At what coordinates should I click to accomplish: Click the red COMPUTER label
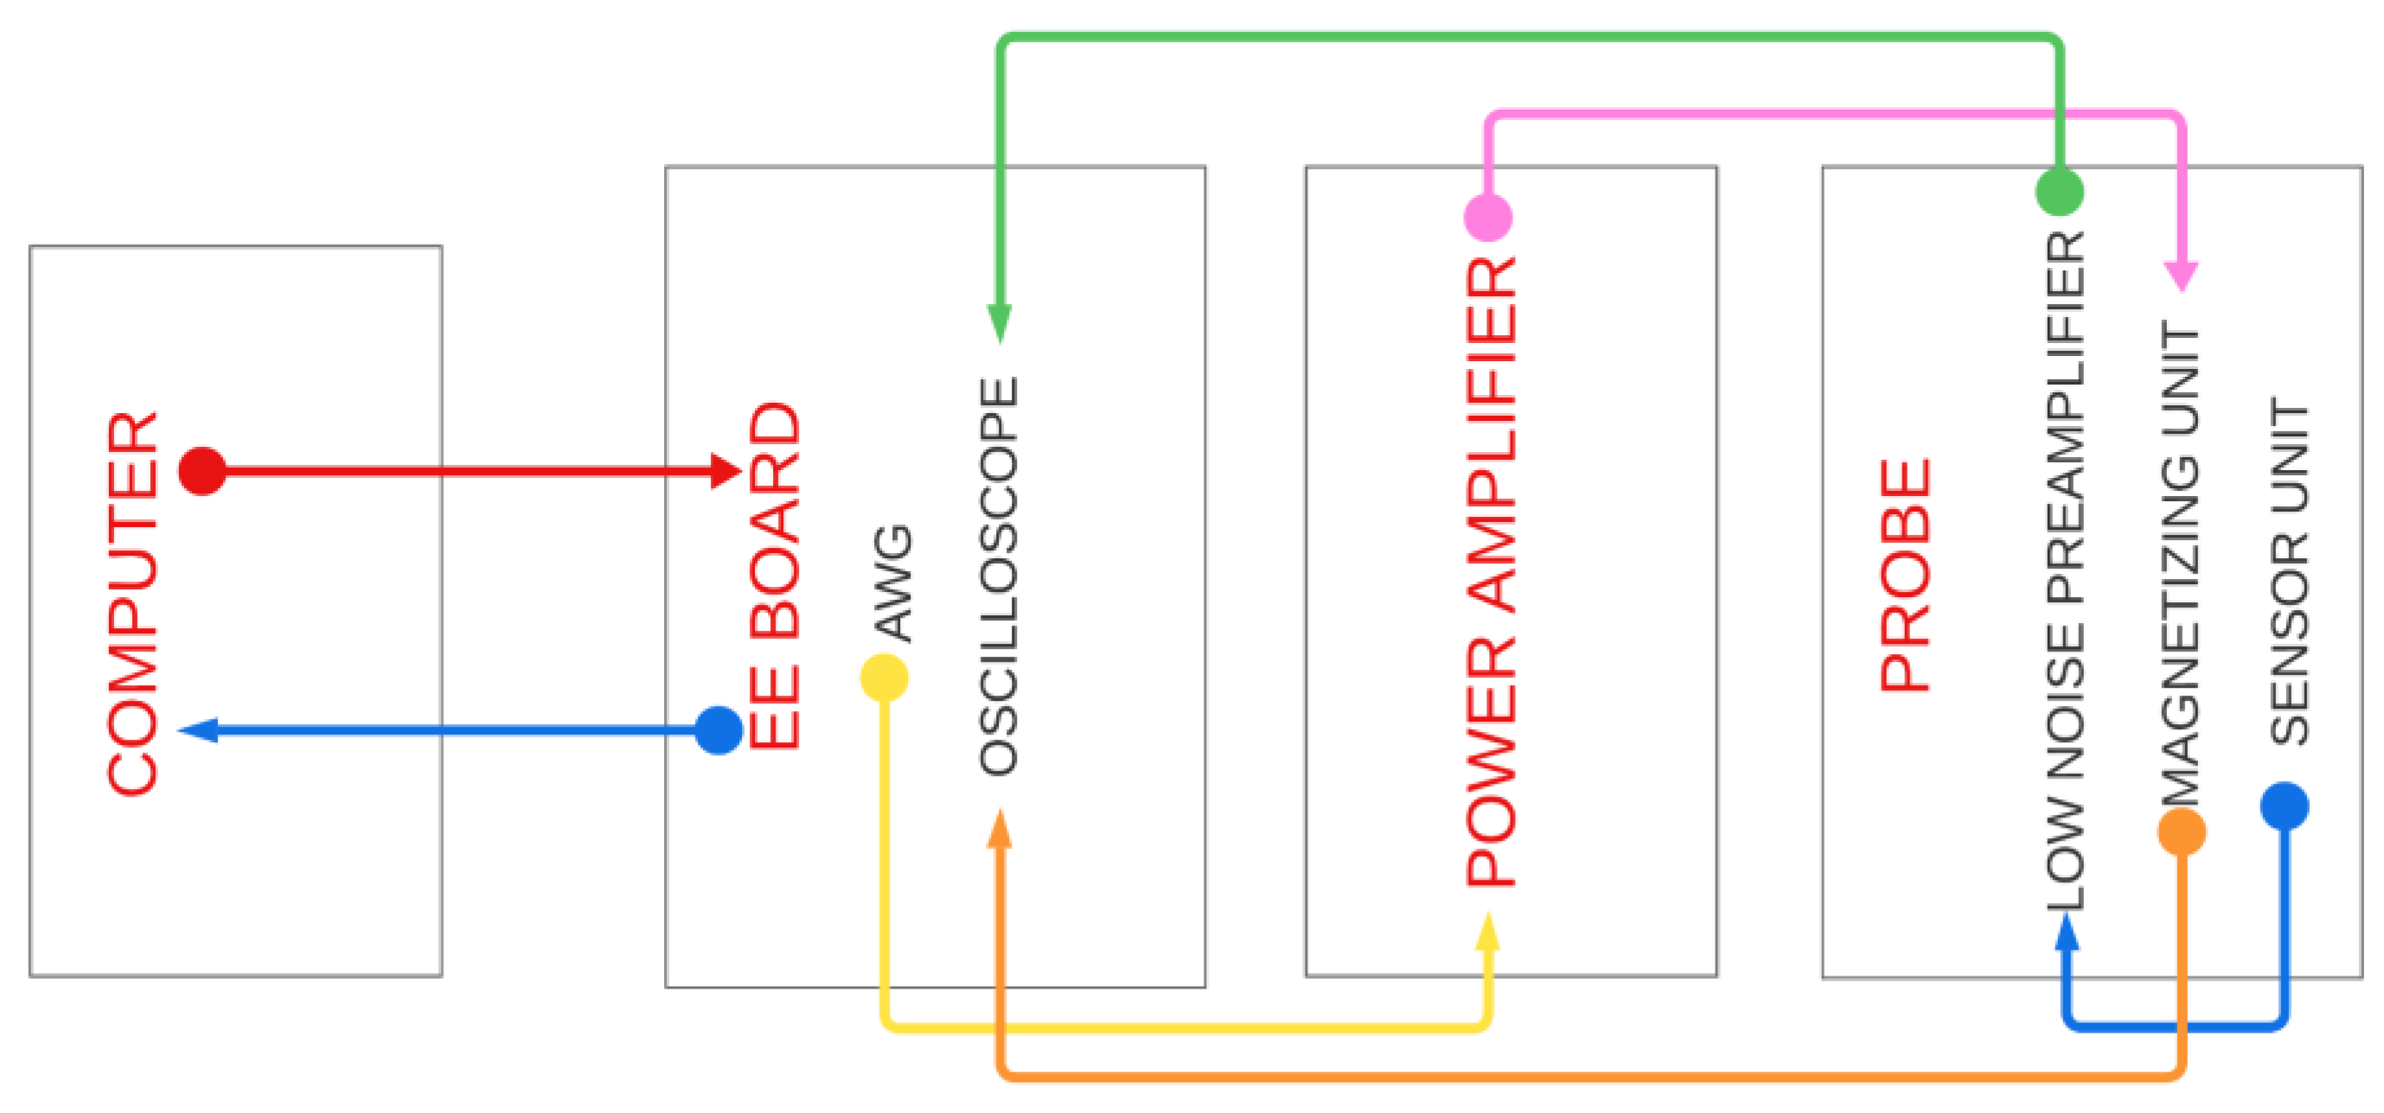point(132,603)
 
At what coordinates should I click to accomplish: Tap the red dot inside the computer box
point(201,471)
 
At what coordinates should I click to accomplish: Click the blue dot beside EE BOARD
point(719,731)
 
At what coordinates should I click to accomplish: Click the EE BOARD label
point(774,576)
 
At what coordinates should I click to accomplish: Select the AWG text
point(894,583)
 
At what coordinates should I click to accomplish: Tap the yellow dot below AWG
point(884,678)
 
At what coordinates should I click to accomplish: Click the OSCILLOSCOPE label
point(999,576)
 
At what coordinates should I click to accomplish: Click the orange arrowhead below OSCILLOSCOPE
point(1000,829)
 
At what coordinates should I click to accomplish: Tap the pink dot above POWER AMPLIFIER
point(1488,218)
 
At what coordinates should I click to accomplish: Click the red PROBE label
point(1906,576)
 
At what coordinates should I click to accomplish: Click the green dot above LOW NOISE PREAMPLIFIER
point(2060,192)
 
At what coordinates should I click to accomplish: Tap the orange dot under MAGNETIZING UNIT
point(2182,832)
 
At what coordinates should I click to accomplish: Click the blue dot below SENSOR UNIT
point(2285,806)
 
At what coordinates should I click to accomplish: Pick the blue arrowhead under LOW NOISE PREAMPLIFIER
point(2068,932)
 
